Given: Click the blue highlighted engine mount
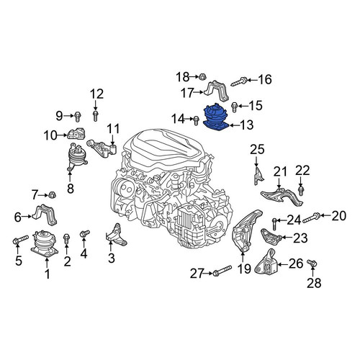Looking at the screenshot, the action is (x=216, y=117).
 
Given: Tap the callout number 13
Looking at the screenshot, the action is (x=246, y=125).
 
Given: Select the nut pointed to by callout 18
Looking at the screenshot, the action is (x=201, y=77).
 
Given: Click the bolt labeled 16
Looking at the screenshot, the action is (x=239, y=82).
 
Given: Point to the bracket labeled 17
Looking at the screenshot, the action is (x=217, y=91).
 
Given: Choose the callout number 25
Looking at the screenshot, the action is (x=257, y=150).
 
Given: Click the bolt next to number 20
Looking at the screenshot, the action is (x=311, y=217).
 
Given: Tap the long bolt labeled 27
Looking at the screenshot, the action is (x=222, y=271).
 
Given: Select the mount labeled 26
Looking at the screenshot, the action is (x=266, y=264).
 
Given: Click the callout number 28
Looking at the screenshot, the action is (x=314, y=283).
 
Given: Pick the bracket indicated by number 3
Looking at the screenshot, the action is (x=116, y=235).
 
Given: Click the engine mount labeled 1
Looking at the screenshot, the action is (x=44, y=243).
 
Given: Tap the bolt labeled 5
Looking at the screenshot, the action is (x=20, y=240).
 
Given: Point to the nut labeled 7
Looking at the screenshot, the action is (x=52, y=195).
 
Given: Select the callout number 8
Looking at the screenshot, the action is (x=71, y=189).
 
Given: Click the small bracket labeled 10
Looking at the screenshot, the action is (x=77, y=133).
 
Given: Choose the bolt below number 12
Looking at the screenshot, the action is (x=96, y=116).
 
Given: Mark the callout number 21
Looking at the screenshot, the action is (x=280, y=172).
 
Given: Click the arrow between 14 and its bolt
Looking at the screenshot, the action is (x=189, y=118).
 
